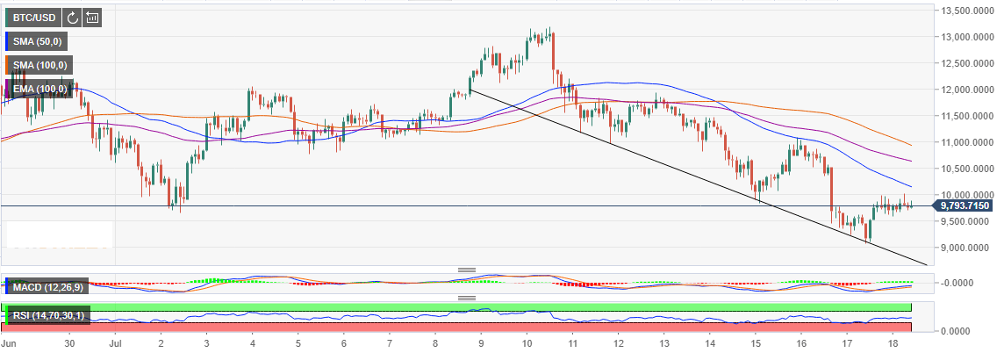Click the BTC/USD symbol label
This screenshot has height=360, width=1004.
pos(32,17)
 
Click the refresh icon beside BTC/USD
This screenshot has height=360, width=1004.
pos(73,17)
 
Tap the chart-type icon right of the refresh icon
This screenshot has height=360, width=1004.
pos(92,17)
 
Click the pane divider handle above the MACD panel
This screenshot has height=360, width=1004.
pos(466,270)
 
